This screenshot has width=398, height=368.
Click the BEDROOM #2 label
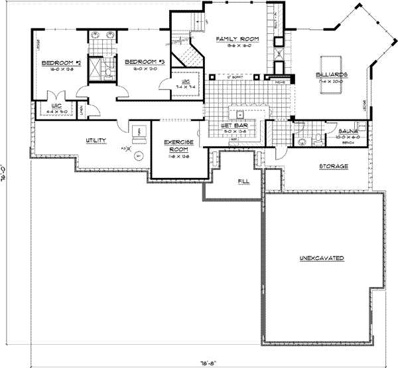point(60,63)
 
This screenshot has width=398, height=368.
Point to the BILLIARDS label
point(332,74)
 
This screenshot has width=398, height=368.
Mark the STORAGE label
point(334,165)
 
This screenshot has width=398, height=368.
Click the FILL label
point(243,180)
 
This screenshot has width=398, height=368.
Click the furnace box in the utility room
point(139,131)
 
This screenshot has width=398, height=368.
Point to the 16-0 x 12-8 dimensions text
point(60,69)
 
